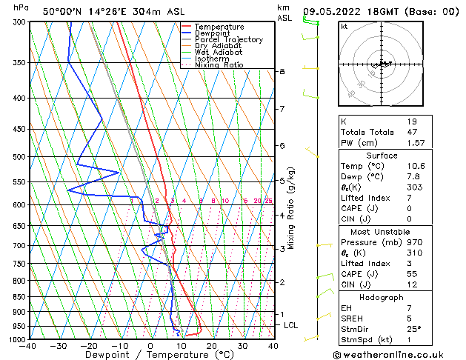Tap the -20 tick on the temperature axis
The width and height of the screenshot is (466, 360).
[x=89, y=345]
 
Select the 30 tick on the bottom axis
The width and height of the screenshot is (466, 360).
[x=242, y=345]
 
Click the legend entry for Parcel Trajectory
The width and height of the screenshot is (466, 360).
[x=228, y=40]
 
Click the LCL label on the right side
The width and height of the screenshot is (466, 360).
[x=291, y=325]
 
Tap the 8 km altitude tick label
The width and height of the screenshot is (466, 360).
[x=282, y=71]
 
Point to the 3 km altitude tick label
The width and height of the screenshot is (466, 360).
[x=282, y=249]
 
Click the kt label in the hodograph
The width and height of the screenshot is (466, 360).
[x=344, y=27]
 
